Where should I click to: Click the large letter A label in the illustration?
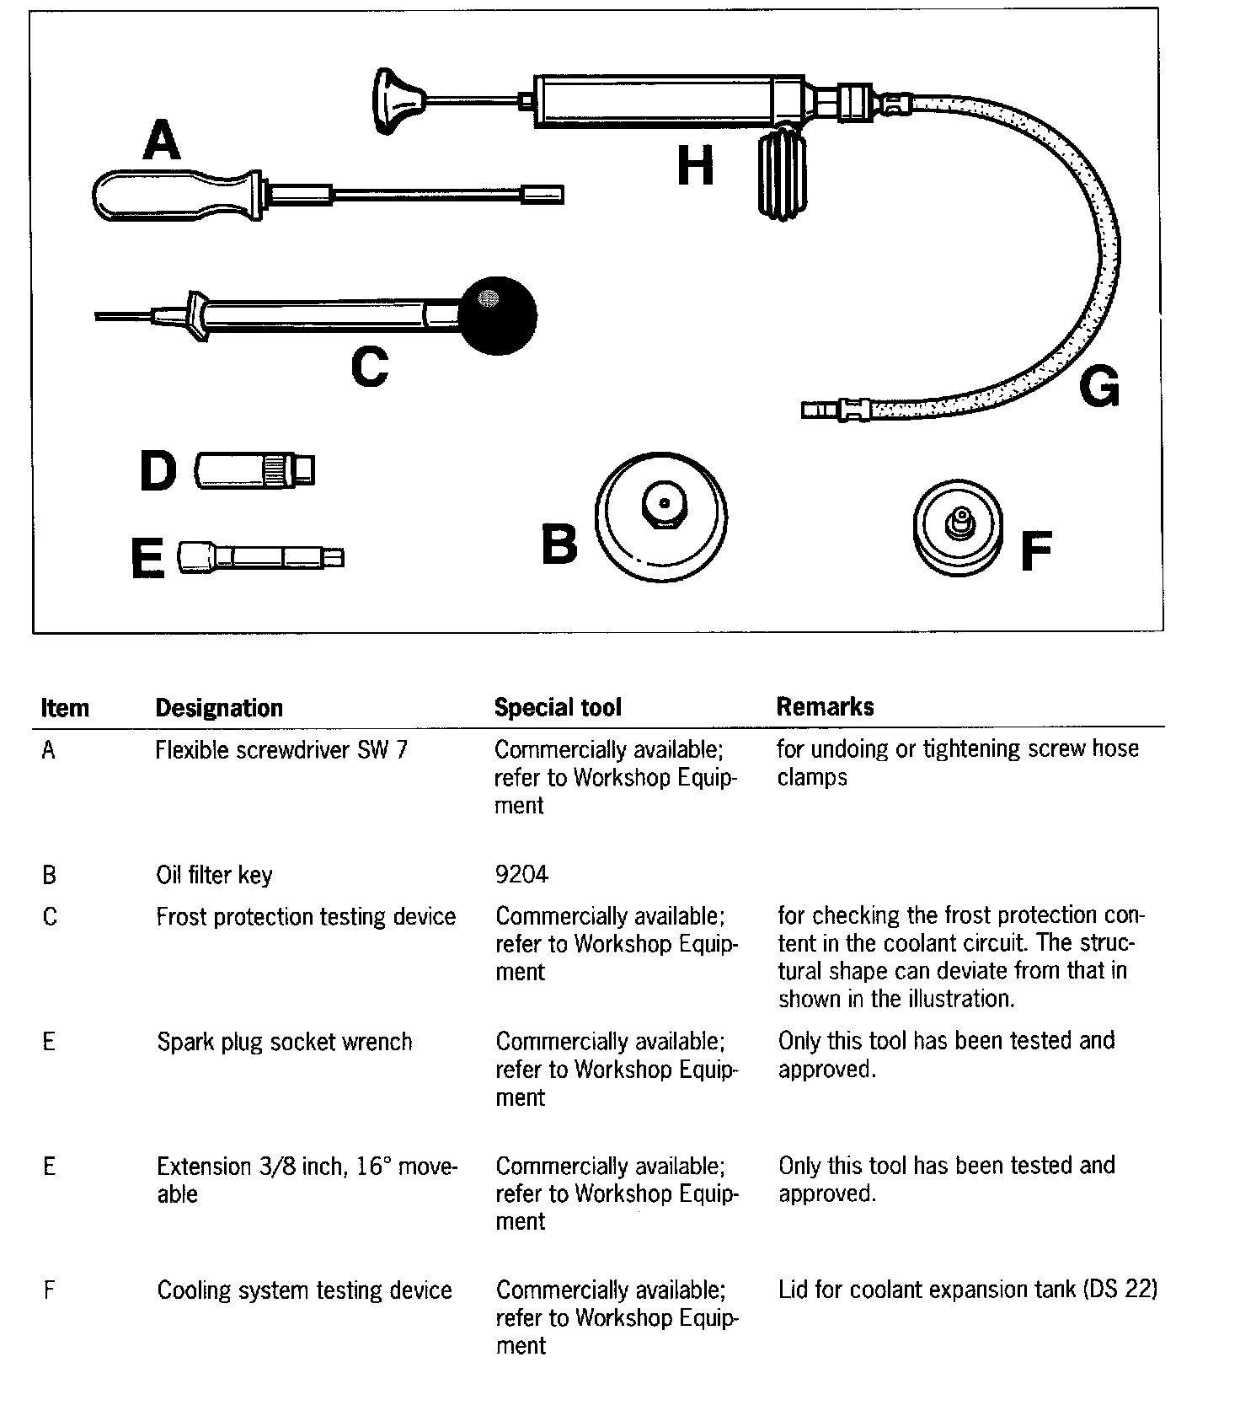pos(162,140)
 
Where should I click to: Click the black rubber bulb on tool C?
pos(497,316)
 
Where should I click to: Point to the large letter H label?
pos(695,165)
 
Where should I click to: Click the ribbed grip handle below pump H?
pos(783,176)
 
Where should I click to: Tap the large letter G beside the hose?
pos(1098,387)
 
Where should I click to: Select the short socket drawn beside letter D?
pos(254,469)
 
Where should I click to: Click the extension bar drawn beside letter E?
pos(261,557)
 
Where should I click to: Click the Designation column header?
pos(219,707)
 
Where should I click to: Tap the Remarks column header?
pos(825,706)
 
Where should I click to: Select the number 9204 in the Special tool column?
pos(521,874)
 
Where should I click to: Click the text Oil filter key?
pos(214,875)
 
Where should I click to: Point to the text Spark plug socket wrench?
pos(285,1042)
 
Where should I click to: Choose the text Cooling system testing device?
pos(304,1290)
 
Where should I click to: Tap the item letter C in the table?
pos(50,916)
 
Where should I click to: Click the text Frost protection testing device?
pos(306,916)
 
